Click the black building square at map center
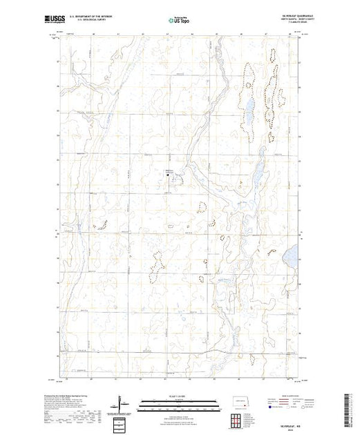tap(168, 175)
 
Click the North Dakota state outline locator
tap(238, 399)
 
